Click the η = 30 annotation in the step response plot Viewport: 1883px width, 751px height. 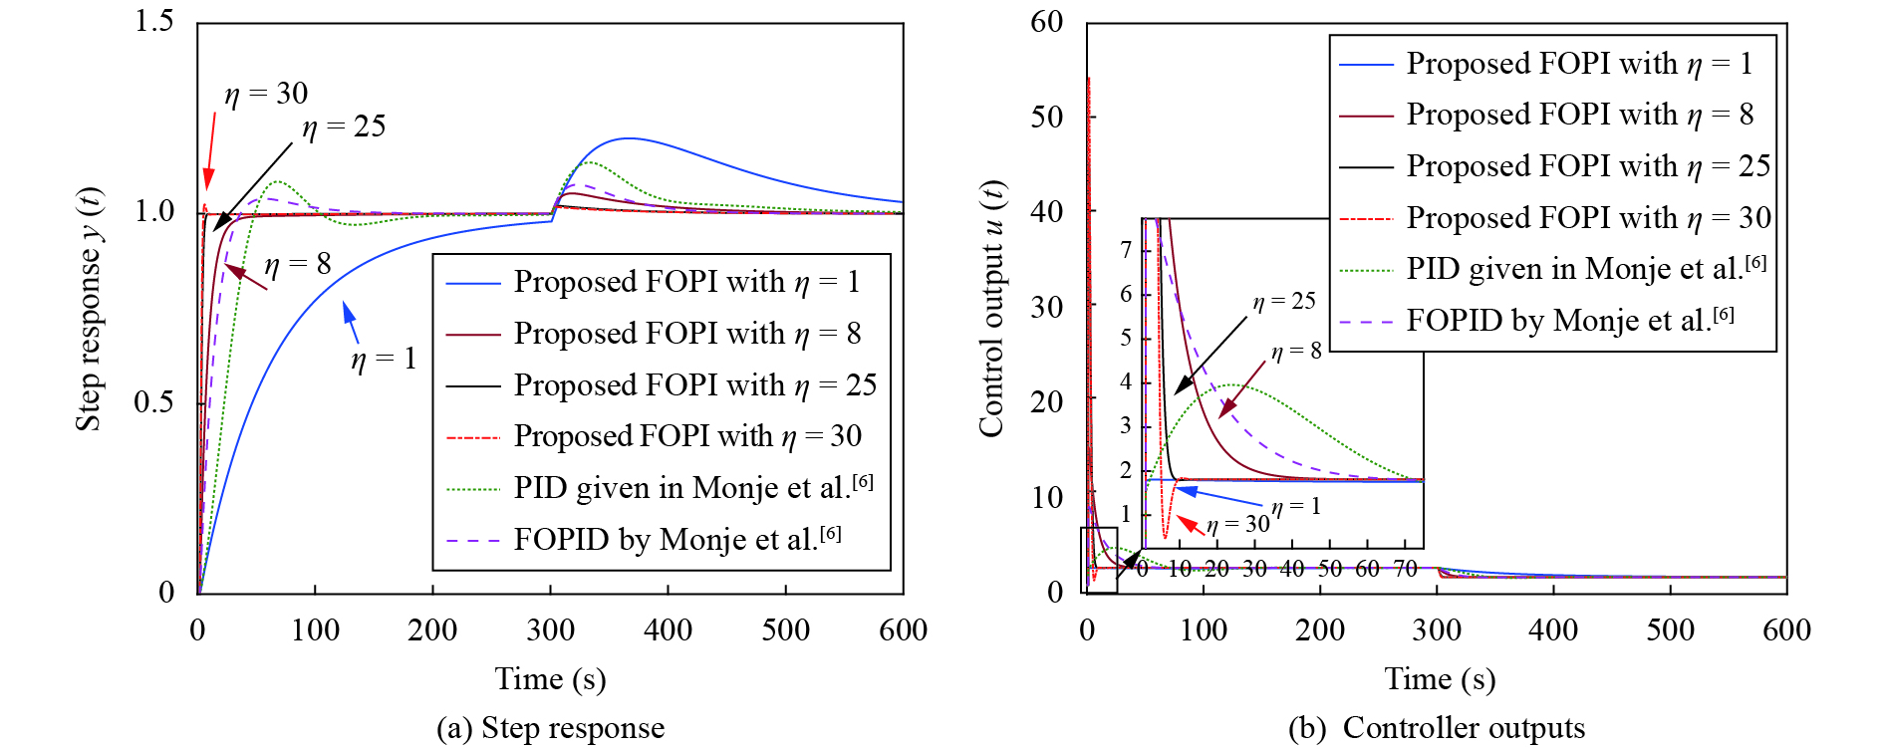point(266,94)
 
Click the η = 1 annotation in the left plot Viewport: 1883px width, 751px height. point(384,359)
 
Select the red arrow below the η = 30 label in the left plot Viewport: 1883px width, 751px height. point(209,149)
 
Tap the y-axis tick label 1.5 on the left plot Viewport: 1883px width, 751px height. point(154,21)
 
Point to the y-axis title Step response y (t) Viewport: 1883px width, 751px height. point(89,309)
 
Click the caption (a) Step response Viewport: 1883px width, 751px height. point(550,728)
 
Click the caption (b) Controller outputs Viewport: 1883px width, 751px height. point(1436,728)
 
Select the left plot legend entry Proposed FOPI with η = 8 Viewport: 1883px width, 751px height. point(686,334)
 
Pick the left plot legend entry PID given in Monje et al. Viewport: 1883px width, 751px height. point(692,487)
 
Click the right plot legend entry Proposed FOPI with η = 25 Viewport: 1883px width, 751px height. point(1587,166)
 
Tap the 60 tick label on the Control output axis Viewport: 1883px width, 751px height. point(1047,22)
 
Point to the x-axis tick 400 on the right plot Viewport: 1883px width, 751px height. point(1553,629)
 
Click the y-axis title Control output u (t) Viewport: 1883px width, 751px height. point(991,309)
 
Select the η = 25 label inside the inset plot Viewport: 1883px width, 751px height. point(1284,301)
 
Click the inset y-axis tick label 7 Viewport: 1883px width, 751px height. point(1126,249)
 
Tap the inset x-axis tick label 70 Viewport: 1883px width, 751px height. point(1405,569)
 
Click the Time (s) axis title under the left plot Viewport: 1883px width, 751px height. point(550,679)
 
